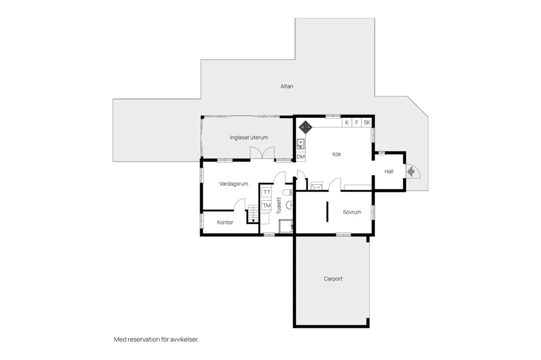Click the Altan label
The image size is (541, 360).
click(x=287, y=86)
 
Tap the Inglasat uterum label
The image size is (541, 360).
click(x=249, y=137)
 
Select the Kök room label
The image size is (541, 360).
click(x=337, y=154)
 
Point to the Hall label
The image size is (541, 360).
click(x=389, y=172)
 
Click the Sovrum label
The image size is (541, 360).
click(x=352, y=212)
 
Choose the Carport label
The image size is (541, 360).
click(x=333, y=279)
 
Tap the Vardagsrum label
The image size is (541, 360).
click(x=234, y=184)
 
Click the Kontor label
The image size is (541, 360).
click(x=225, y=222)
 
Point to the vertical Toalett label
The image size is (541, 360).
click(x=279, y=205)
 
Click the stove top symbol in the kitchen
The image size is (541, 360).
click(x=305, y=127)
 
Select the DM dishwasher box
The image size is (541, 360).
click(x=301, y=157)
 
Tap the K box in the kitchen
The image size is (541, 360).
click(x=347, y=122)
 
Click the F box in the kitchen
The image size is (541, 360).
click(x=357, y=122)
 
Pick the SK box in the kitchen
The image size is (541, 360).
click(x=367, y=122)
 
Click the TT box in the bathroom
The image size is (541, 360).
click(x=267, y=193)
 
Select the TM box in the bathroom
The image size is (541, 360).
click(x=267, y=205)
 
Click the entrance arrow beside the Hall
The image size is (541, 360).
click(x=411, y=172)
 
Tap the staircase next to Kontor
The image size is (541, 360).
click(x=253, y=214)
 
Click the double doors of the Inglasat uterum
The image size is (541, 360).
click(x=262, y=153)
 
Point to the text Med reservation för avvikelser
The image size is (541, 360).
click(x=156, y=339)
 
